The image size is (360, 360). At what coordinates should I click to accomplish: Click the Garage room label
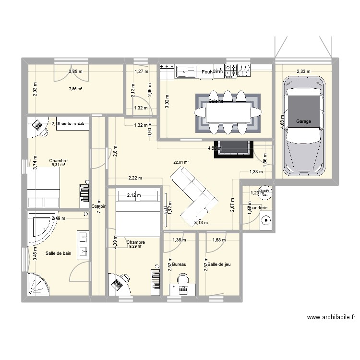303,122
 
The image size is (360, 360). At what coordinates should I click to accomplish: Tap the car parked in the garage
303,127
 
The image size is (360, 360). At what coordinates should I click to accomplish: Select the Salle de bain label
59,253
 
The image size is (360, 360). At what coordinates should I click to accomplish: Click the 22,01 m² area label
181,162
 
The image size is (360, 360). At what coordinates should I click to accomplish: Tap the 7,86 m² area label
75,89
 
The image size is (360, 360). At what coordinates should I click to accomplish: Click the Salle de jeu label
219,264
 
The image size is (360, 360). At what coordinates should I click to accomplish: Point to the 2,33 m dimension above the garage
303,72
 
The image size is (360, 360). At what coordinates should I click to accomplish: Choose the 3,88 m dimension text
75,72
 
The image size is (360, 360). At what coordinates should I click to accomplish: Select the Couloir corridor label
98,206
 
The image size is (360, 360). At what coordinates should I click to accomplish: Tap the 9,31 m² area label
58,165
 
